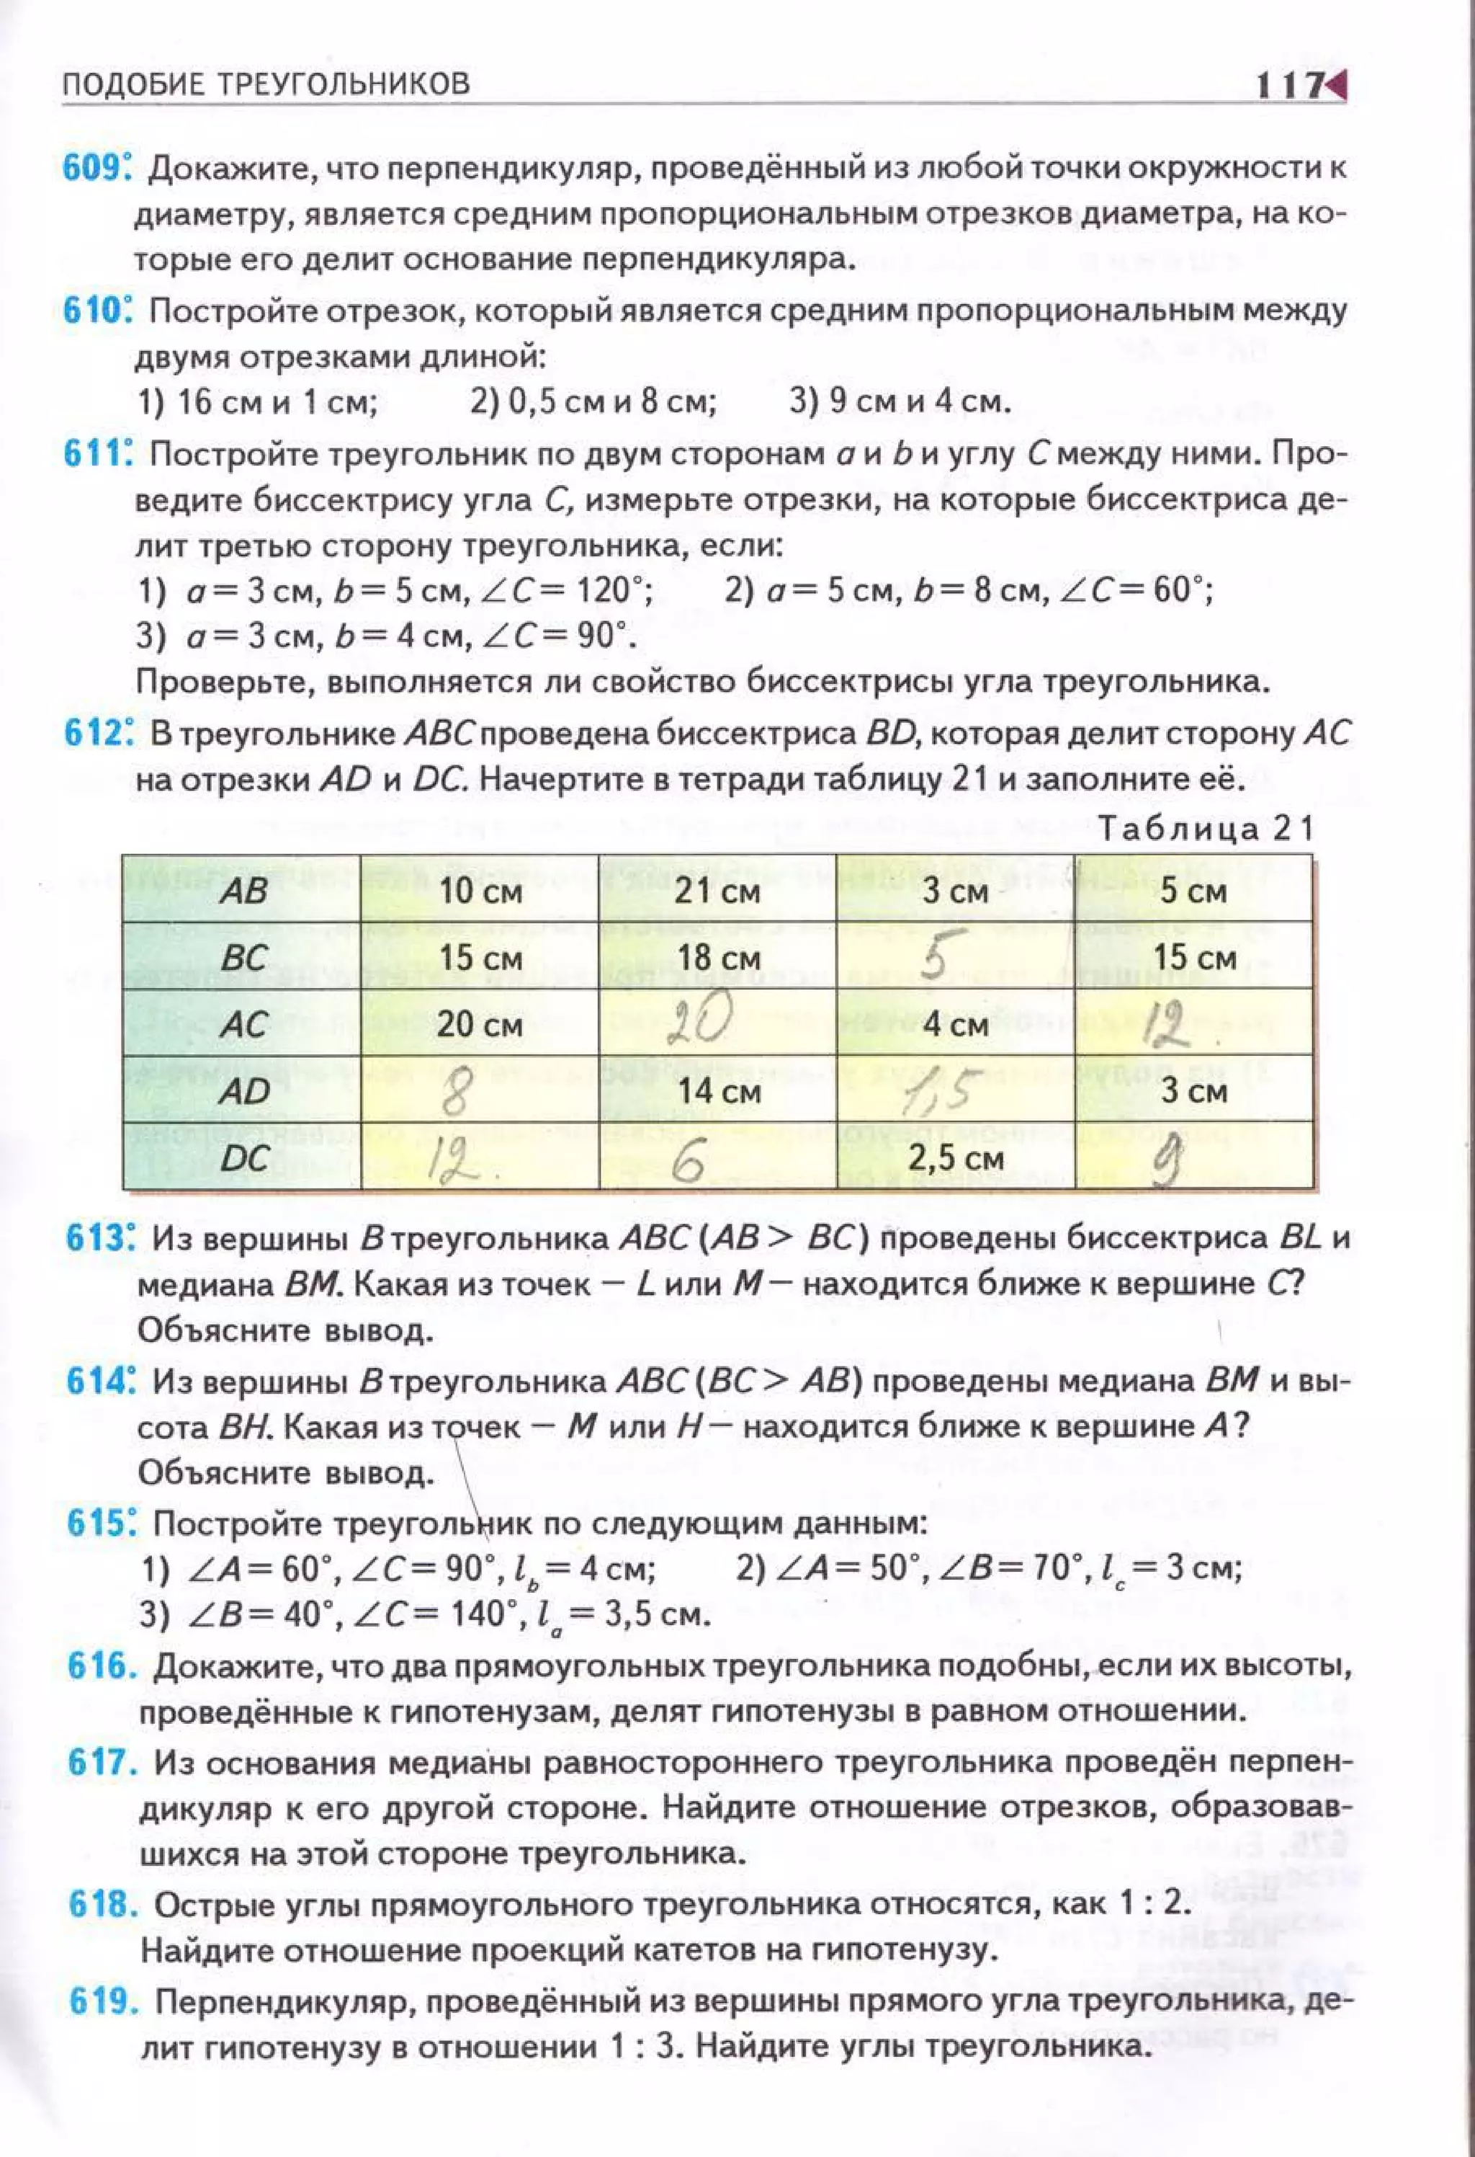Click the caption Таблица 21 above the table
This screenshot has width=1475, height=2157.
1205,828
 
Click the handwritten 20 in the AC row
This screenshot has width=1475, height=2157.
702,1021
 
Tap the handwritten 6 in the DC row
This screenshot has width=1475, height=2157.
689,1162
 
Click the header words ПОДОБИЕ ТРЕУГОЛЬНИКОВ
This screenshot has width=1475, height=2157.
266,84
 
